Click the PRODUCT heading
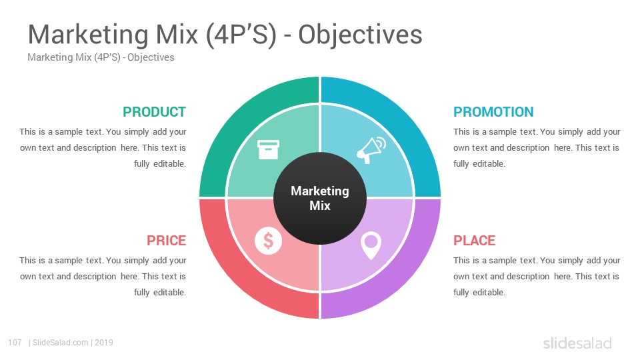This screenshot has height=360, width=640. pos(154,112)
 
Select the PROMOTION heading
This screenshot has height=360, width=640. pos(493,112)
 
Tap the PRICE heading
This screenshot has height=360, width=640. pos(167,241)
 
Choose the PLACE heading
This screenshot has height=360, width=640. pos(474,241)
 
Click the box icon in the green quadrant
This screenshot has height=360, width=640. pos(268,149)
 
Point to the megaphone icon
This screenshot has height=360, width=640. pos(371,150)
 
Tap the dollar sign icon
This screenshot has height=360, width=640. pos(268,241)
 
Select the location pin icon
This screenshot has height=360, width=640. pos(371,246)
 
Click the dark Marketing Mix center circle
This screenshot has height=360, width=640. pos(320,198)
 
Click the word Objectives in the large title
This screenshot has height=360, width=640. pos(360,34)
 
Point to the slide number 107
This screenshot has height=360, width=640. pos(15,343)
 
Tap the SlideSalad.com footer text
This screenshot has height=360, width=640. pos(61,343)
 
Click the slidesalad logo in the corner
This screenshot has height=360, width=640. pos(577,343)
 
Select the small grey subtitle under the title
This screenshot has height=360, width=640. pos(101,57)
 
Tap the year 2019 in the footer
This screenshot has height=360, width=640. pos(104,343)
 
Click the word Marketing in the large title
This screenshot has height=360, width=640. pos(88,35)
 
